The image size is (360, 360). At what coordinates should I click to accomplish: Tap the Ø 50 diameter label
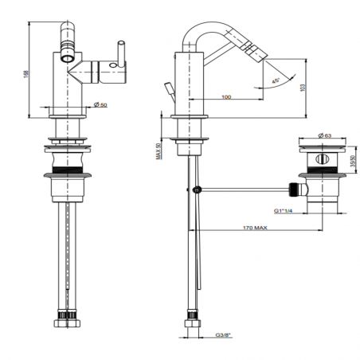(100, 104)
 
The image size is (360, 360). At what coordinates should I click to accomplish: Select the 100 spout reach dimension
(227, 96)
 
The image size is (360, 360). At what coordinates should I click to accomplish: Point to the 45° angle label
(276, 81)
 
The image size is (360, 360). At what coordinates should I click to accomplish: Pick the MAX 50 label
(158, 146)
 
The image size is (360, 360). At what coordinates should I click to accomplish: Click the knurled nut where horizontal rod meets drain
(295, 190)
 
